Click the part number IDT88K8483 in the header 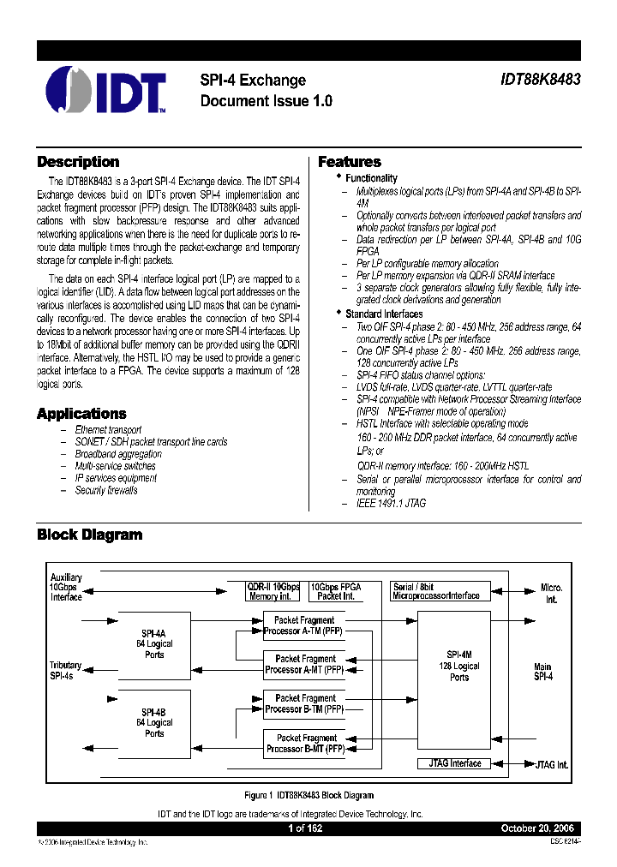[x=540, y=80]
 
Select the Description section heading [x=78, y=162]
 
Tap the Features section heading [x=350, y=162]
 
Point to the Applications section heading [x=81, y=414]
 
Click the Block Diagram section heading [x=89, y=535]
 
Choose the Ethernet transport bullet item [x=108, y=429]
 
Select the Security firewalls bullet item [x=106, y=490]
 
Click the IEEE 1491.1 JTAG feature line [x=391, y=504]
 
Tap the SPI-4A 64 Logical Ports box [x=154, y=643]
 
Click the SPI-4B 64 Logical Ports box [x=154, y=722]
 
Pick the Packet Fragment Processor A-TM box [x=305, y=625]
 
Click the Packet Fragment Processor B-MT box [x=305, y=743]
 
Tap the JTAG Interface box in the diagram [x=454, y=763]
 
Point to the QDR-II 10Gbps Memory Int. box [x=273, y=591]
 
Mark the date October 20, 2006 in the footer [x=536, y=829]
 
